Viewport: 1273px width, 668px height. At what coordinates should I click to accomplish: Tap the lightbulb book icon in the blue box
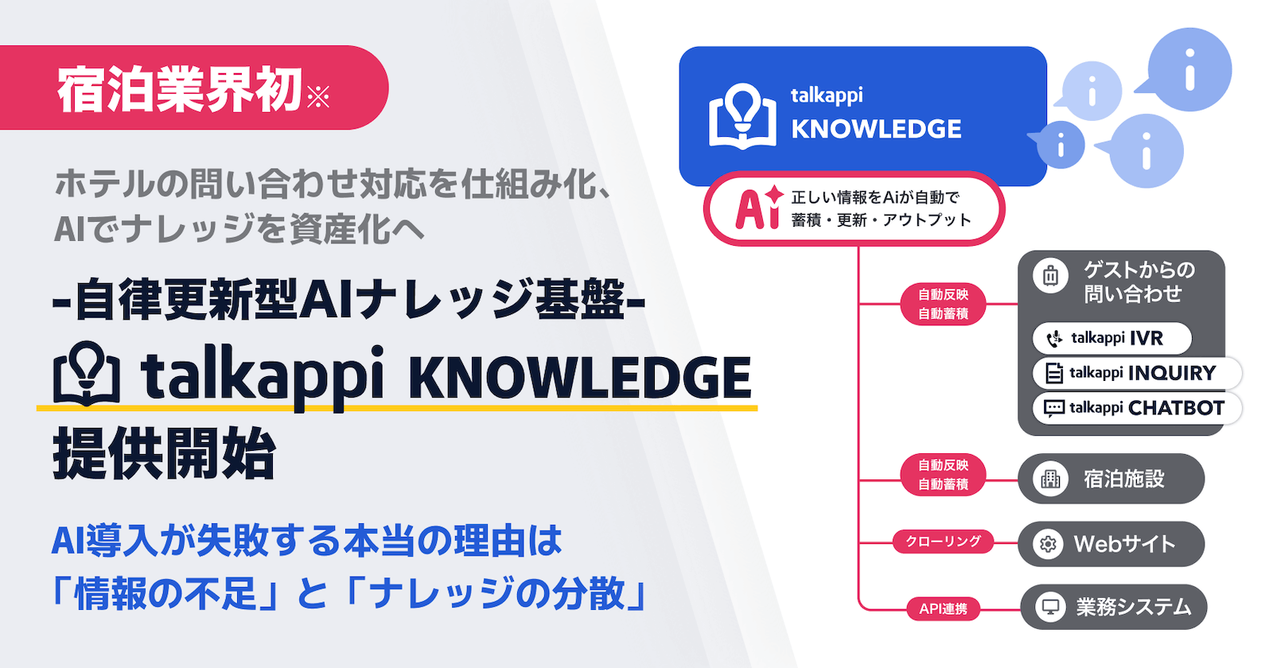pos(742,116)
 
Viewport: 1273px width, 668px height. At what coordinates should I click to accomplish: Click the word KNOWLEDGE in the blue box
pos(876,129)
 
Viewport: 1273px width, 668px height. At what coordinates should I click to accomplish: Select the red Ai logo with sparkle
pos(758,208)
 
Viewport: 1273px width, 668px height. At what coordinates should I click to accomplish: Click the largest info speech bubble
pos(1189,69)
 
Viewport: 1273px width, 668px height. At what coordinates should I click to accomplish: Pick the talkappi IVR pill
pos(1111,338)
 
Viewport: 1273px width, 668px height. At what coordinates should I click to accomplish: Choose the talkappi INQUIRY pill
pos(1136,373)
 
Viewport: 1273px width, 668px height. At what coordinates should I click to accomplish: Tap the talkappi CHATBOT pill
pos(1136,408)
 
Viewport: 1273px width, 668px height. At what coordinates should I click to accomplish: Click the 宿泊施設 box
pos(1111,479)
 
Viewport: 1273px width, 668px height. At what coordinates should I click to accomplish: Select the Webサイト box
pos(1111,544)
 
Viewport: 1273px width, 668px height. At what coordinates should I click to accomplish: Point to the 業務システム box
pos(1113,608)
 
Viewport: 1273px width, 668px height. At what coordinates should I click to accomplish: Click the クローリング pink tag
pos(943,542)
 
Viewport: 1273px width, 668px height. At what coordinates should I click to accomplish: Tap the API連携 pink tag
pos(943,609)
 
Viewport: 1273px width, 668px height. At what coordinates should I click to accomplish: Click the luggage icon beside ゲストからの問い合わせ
pos(1050,276)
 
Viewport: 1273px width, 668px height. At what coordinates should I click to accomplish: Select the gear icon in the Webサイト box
pos(1048,544)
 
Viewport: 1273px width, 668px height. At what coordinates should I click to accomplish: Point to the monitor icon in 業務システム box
pos(1050,608)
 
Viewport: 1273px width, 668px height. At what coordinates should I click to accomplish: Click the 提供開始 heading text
pos(164,454)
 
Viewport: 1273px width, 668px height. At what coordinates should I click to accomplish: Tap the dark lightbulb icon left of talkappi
pos(87,374)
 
